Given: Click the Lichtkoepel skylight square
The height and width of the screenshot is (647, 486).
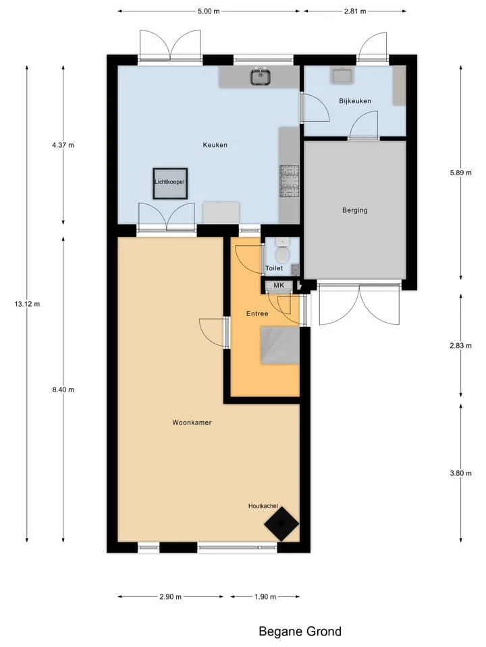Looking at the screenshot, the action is point(170,183).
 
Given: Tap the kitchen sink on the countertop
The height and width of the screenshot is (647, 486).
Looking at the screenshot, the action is point(261,77).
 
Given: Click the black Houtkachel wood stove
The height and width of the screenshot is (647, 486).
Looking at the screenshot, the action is point(281,524).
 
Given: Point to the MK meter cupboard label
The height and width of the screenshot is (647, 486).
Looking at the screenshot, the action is point(279,285).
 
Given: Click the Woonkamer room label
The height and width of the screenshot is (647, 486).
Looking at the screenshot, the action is point(192,423).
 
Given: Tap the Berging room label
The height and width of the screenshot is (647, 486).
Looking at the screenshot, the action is point(354,210).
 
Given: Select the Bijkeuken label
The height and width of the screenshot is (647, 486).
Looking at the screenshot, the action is point(355,100).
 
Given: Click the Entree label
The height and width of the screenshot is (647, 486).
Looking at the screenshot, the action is point(257,313).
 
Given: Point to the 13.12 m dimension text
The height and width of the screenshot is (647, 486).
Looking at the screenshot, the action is point(27,304).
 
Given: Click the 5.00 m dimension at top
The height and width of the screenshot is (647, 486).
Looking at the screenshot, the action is point(209,11).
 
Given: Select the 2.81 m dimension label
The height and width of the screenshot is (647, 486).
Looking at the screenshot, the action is point(355,11).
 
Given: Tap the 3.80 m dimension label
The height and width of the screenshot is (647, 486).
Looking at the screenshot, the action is point(461,473).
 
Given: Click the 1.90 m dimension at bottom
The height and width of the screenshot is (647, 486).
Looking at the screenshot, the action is point(265,596).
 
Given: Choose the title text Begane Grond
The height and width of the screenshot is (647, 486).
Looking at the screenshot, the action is point(300,631).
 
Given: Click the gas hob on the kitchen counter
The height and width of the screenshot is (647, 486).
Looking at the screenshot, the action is point(290,181).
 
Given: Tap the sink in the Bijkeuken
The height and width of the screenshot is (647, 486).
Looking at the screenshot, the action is point(342,76).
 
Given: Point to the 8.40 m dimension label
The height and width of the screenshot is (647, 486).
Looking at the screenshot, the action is point(63,390).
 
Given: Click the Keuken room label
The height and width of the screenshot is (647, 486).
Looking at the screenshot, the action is point(215,145).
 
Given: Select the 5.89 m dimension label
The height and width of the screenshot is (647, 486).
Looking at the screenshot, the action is point(461,173).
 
